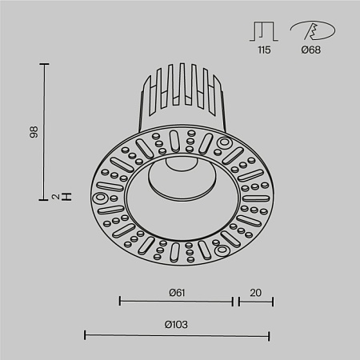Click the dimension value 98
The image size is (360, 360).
(x=33, y=131)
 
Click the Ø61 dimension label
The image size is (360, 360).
(x=178, y=292)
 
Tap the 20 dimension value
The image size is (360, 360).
(x=255, y=292)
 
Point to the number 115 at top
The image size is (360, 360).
(x=263, y=50)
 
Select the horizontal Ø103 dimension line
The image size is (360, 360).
(x=177, y=335)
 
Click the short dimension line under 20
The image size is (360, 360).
(x=254, y=302)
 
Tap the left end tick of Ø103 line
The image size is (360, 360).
(x=85, y=335)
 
